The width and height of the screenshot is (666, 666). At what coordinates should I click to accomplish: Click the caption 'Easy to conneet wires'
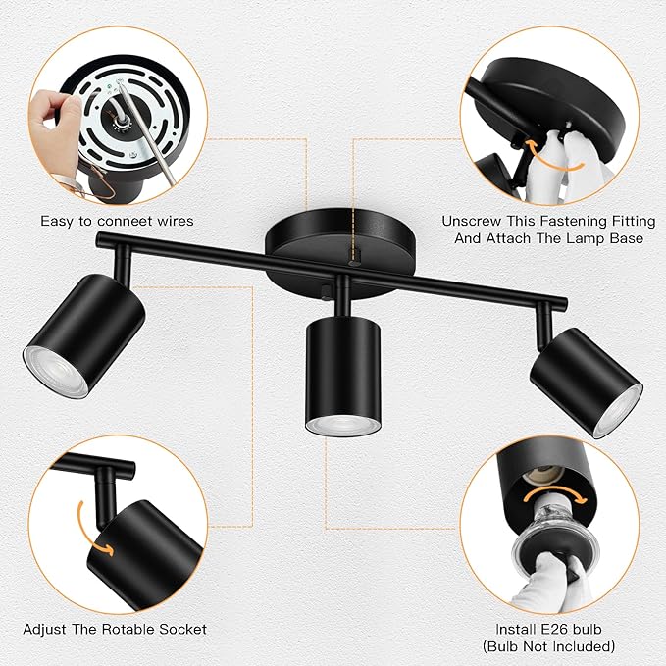(117, 221)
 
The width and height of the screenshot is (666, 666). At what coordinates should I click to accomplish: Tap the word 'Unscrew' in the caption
(474, 221)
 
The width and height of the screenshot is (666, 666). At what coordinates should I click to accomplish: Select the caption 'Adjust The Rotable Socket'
(115, 629)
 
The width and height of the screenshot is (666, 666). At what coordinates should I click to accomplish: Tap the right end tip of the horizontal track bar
(564, 301)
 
